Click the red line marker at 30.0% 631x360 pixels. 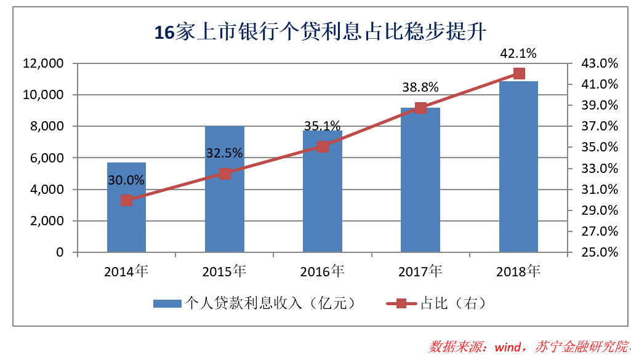[126, 200]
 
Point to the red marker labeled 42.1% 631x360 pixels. [518, 74]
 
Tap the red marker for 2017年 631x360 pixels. [420, 108]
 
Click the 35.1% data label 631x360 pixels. [323, 126]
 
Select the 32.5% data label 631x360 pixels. [225, 153]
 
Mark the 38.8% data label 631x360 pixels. [420, 88]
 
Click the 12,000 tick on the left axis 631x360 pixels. [43, 63]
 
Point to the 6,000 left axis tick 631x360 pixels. [47, 158]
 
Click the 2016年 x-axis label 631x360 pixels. [323, 271]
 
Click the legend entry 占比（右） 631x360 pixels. [436, 303]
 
